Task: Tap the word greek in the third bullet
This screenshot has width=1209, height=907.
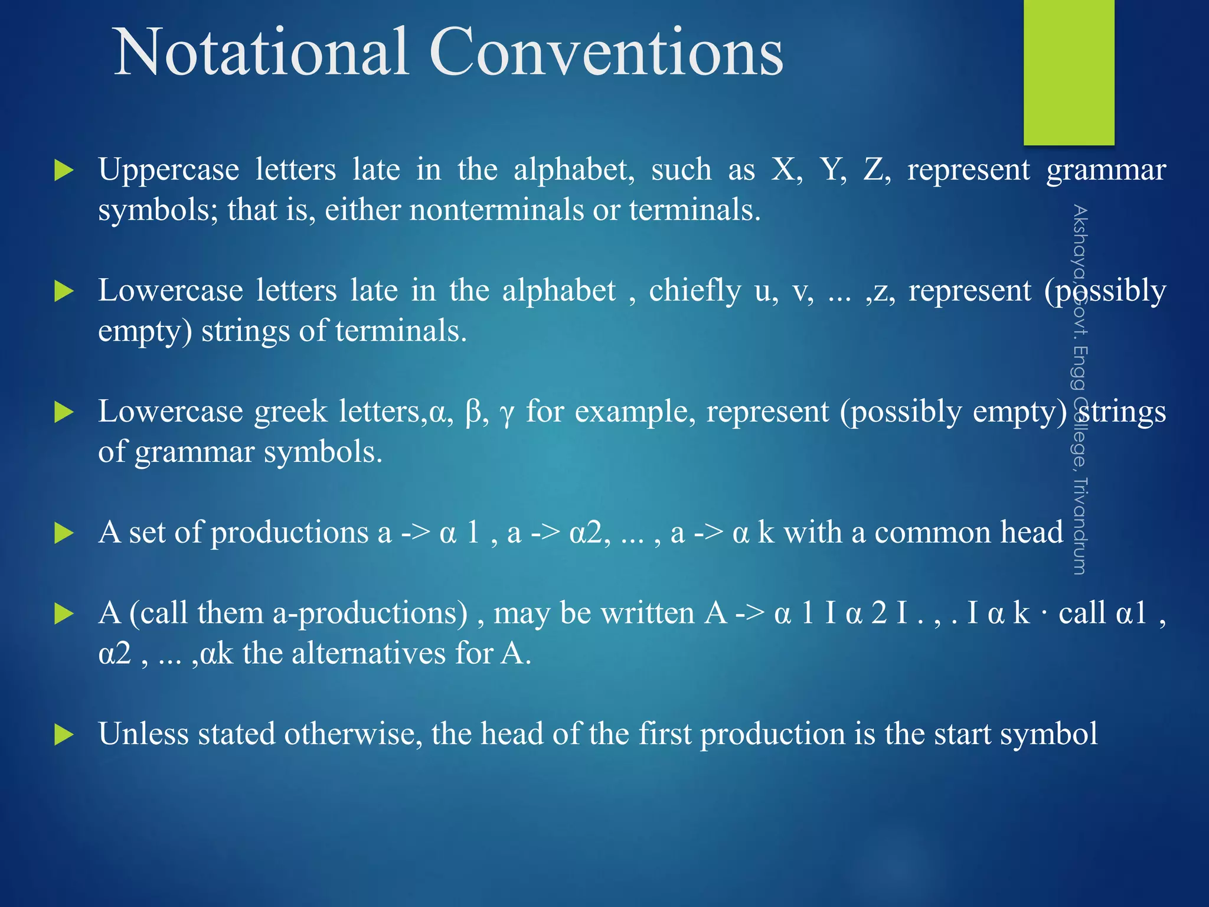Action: tap(290, 412)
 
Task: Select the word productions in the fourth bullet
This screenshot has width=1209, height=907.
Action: tap(289, 533)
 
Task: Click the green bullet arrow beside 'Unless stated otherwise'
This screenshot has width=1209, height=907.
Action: tap(63, 735)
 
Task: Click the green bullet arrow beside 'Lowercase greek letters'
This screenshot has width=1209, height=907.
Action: tap(63, 412)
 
